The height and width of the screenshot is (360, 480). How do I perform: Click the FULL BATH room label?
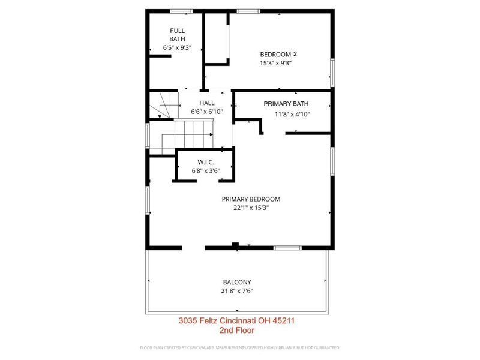click(x=177, y=35)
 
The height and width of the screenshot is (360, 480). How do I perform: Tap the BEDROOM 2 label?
click(x=278, y=53)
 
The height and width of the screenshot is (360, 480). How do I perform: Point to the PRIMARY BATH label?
click(x=286, y=104)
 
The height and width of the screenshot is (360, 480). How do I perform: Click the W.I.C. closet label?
click(x=206, y=163)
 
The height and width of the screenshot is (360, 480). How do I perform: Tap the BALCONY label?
click(x=236, y=282)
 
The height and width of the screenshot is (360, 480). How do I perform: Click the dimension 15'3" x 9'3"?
click(x=275, y=63)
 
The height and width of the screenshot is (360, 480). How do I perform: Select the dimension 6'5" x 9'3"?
click(x=177, y=46)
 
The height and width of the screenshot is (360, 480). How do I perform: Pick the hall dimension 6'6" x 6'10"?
click(x=207, y=112)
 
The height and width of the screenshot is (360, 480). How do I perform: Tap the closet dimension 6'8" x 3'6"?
click(x=206, y=171)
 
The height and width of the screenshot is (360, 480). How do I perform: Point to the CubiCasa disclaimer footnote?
click(x=240, y=347)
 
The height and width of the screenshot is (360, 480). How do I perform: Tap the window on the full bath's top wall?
click(x=181, y=11)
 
